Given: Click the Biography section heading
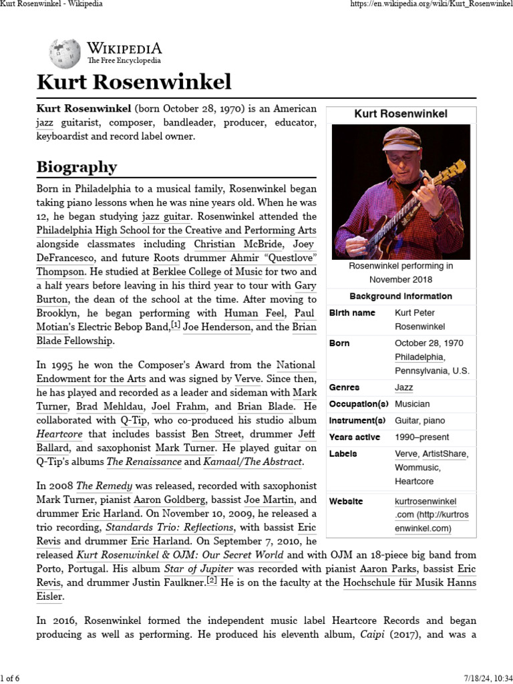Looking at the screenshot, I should [x=77, y=166].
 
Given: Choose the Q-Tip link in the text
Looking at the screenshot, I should [x=133, y=420].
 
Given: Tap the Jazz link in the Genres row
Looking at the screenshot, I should [x=403, y=387].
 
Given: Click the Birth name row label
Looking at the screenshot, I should [x=352, y=313].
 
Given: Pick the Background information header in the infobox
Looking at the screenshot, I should [x=401, y=296].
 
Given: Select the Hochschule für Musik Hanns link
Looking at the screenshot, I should [x=409, y=583].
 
